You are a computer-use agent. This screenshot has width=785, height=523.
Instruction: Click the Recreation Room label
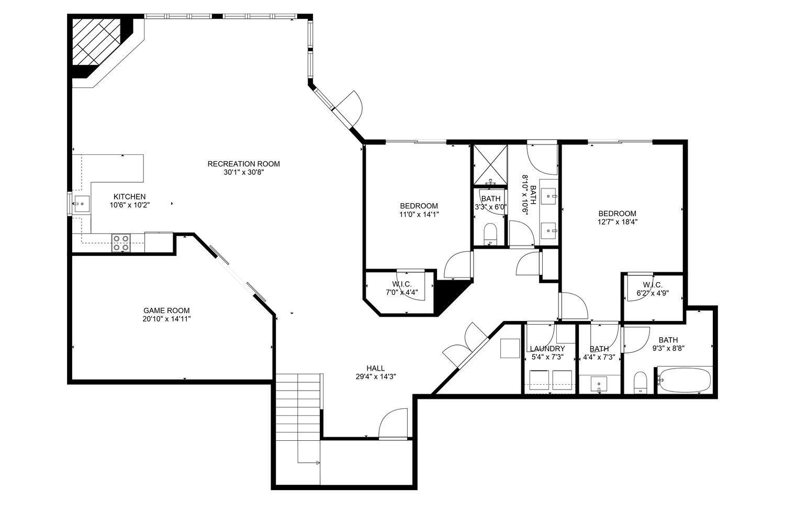(x=243, y=164)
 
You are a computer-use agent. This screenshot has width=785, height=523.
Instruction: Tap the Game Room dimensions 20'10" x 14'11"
(x=166, y=318)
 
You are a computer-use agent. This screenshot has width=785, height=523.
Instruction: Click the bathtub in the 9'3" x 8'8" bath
(x=684, y=380)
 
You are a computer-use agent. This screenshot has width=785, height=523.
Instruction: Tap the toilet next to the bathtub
(x=640, y=382)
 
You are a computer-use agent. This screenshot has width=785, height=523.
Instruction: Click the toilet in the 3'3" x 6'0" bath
(x=490, y=233)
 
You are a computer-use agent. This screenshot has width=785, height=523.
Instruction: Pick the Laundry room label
(x=547, y=349)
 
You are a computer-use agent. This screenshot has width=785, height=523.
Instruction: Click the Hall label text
(x=375, y=368)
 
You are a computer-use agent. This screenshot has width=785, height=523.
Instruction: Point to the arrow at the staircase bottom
(x=317, y=463)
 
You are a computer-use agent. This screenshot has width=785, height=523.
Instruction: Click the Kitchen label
(x=130, y=197)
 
